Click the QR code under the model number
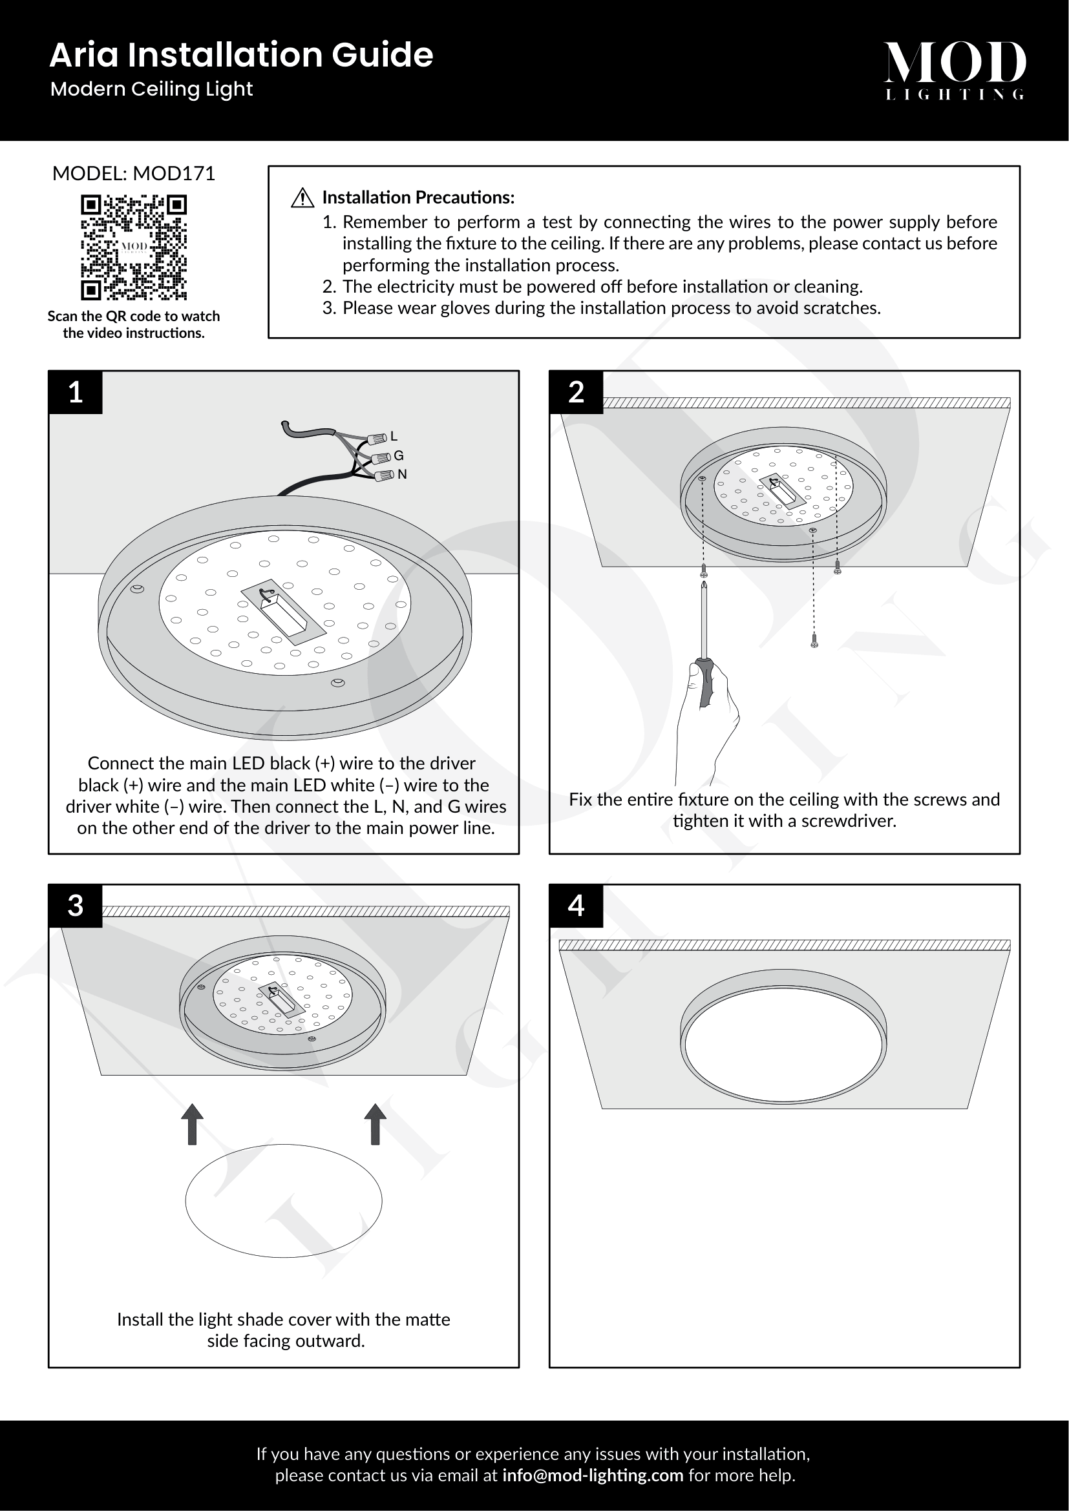134,247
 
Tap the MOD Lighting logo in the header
955,70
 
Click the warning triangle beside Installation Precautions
302,198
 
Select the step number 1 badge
76,392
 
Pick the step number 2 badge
576,392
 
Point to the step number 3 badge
76,906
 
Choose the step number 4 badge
576,906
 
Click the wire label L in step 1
394,435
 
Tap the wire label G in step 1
398,455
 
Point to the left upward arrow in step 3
192,1124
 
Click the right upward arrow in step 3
376,1124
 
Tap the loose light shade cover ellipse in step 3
284,1201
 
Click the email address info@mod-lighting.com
593,1475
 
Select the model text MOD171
174,174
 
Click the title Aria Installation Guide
241,55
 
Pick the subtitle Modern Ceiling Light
151,90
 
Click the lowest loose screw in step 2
814,640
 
